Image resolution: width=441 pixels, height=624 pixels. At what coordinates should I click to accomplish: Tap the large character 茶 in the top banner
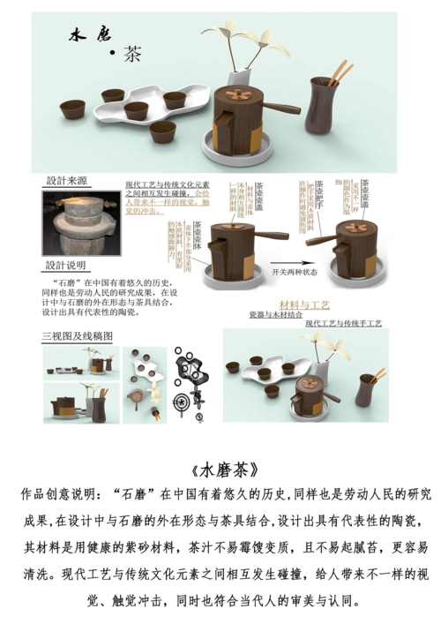132,54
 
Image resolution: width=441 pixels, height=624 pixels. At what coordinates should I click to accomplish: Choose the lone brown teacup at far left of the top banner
72,109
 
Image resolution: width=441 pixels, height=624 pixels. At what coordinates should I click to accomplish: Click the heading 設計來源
66,181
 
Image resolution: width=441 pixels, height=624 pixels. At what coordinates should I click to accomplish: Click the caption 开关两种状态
300,274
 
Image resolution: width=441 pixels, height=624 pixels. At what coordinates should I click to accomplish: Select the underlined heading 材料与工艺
304,304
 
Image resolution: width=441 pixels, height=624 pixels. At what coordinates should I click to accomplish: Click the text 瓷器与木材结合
275,315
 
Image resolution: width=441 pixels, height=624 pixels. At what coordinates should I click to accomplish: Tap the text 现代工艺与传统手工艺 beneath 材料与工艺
343,324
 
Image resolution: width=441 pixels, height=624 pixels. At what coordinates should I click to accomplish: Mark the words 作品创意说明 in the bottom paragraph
62,495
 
